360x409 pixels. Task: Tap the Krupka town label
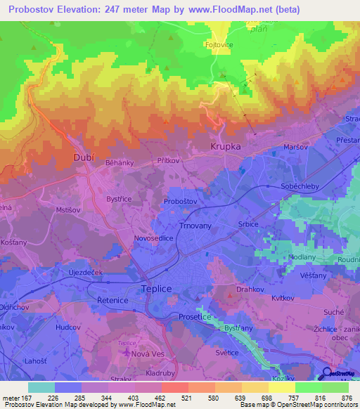225,147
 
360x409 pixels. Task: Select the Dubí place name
84,158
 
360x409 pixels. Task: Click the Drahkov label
250,290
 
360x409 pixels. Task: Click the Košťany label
13,241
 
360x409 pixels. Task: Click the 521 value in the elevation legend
174,398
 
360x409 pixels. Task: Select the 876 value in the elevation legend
347,398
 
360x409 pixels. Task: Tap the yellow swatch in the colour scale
281,387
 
